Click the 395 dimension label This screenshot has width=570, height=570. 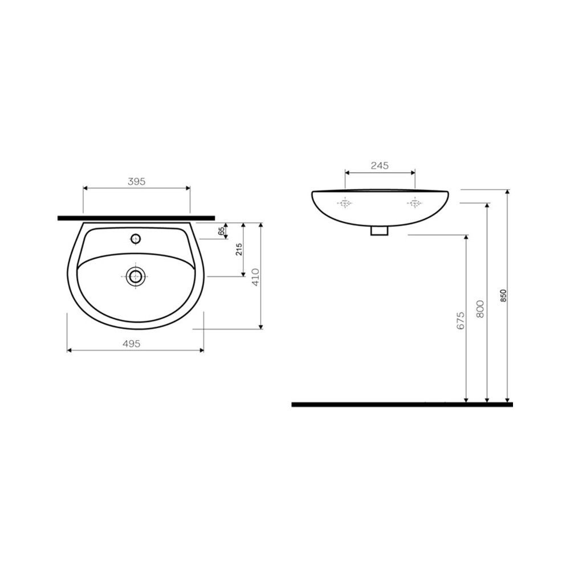click(x=137, y=181)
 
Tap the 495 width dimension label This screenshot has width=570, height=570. click(x=132, y=344)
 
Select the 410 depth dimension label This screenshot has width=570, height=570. click(x=255, y=277)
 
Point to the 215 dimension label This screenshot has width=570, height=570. click(x=239, y=250)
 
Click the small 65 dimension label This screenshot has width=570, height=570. click(x=221, y=231)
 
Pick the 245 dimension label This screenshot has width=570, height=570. click(x=380, y=166)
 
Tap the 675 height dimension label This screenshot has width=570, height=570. click(x=461, y=320)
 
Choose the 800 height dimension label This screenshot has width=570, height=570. click(x=480, y=309)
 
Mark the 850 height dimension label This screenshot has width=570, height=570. click(x=503, y=296)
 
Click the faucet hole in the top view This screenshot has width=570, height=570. click(x=136, y=239)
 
